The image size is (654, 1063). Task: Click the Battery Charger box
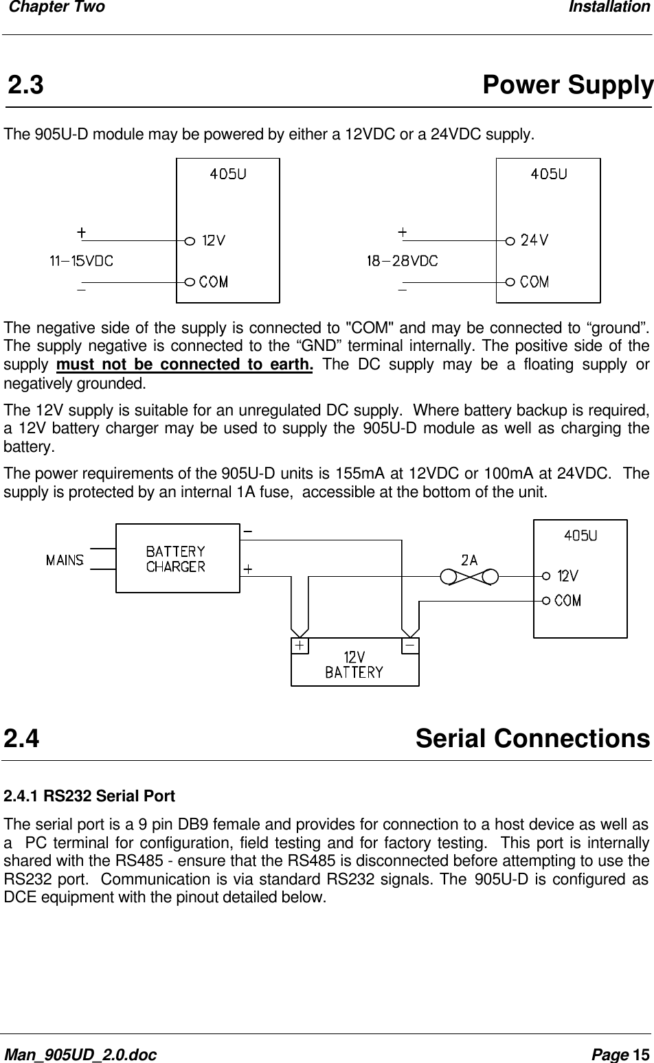[177, 558]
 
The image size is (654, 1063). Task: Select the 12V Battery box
[354, 663]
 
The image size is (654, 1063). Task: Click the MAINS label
[65, 560]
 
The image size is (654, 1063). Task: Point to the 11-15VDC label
[81, 261]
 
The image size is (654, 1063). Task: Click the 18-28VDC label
[402, 261]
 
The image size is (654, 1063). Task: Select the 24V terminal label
[534, 240]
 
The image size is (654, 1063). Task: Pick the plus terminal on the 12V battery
[300, 646]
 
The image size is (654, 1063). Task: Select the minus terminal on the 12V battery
[409, 646]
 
